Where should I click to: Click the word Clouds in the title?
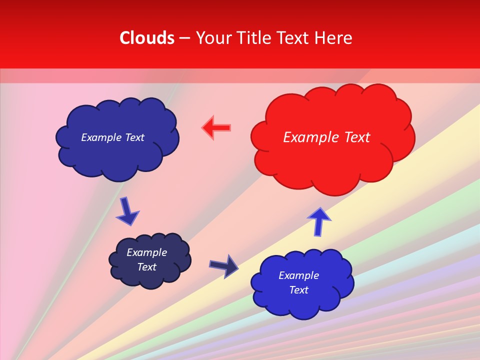click(x=147, y=38)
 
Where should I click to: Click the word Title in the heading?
click(x=254, y=38)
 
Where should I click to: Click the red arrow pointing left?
click(x=216, y=128)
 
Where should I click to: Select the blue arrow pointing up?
click(x=319, y=221)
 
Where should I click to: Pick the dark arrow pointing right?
click(x=223, y=265)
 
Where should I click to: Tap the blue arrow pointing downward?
click(x=127, y=211)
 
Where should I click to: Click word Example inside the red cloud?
click(x=310, y=137)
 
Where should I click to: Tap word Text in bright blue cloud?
click(x=299, y=290)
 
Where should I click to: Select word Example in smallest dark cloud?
click(x=146, y=252)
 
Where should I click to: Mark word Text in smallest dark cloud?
click(x=146, y=267)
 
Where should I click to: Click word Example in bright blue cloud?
click(x=299, y=275)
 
